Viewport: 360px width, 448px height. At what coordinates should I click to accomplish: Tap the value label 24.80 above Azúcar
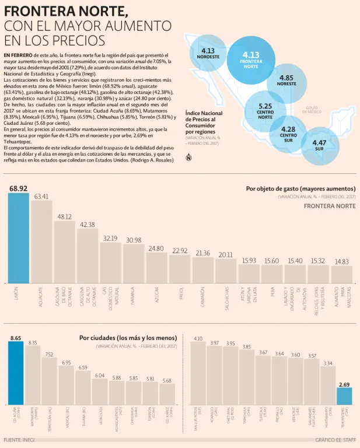(156, 249)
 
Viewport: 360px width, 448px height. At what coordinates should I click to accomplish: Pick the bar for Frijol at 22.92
(180, 268)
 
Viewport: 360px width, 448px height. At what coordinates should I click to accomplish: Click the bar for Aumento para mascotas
(341, 274)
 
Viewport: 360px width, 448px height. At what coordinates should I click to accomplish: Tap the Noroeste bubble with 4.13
(208, 54)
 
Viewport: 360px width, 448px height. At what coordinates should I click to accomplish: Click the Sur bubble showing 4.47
(319, 145)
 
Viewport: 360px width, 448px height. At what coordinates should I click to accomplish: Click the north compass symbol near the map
(188, 157)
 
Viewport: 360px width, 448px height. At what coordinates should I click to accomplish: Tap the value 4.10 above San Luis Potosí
(198, 338)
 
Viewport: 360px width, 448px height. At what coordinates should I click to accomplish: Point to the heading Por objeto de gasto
(300, 188)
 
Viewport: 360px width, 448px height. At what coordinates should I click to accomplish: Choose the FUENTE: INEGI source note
(19, 439)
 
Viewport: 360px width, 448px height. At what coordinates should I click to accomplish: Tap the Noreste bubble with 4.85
(286, 80)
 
